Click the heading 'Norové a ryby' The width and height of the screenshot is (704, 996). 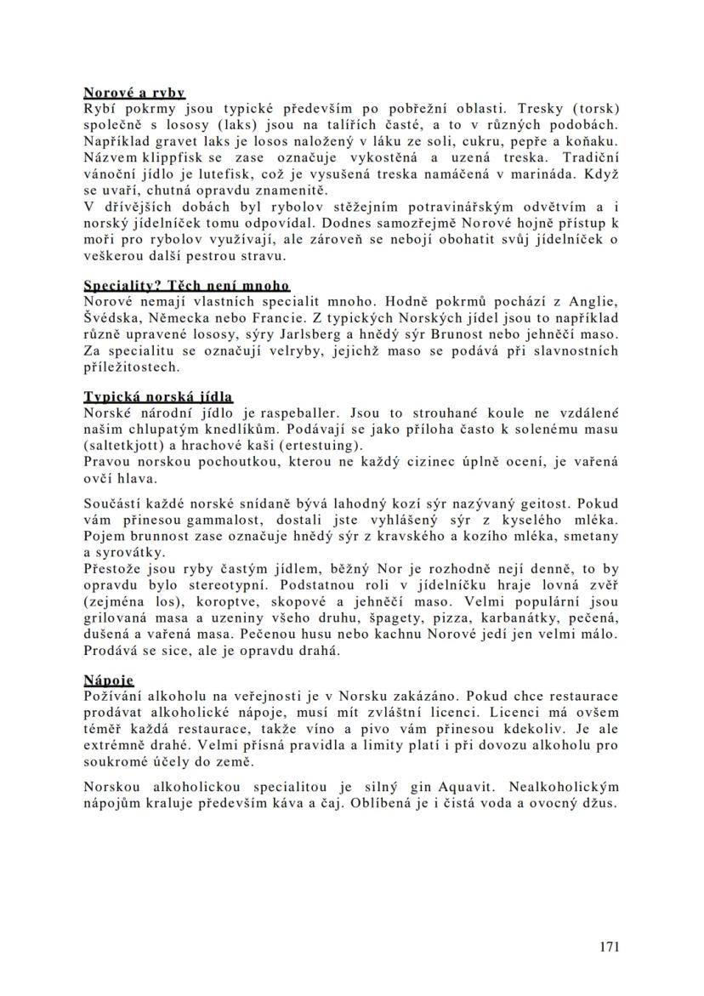[134, 92]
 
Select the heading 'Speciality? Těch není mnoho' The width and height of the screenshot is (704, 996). [186, 285]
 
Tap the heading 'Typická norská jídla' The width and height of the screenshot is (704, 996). [158, 396]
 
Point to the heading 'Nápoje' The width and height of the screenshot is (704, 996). [108, 680]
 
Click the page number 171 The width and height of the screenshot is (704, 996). [608, 947]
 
